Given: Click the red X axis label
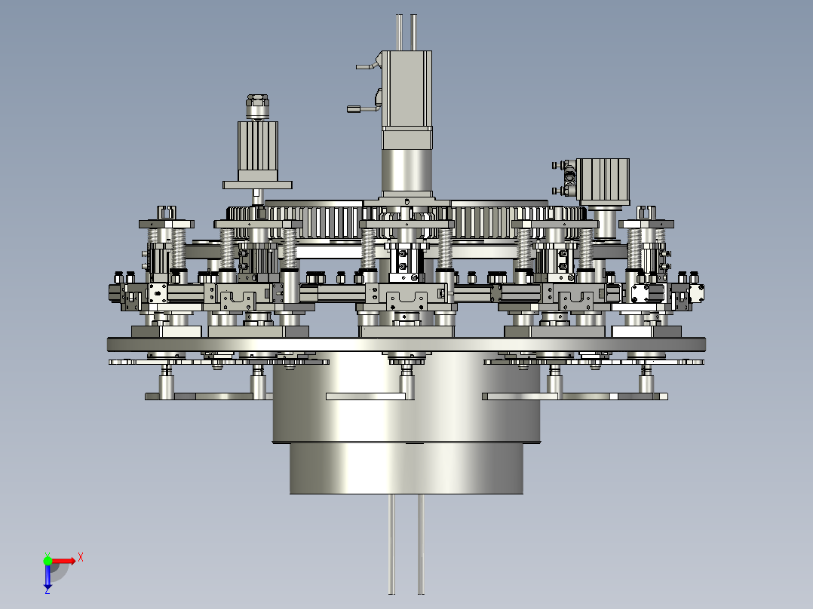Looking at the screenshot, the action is point(81,558).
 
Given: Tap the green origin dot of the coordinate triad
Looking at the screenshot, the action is point(48,561).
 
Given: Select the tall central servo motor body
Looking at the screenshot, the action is point(407,99).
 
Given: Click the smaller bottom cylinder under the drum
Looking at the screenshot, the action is point(406,469).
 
